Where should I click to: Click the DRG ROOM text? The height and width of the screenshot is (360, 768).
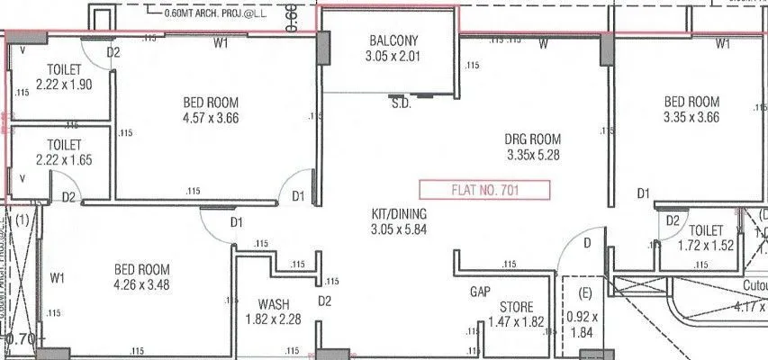click(x=534, y=139)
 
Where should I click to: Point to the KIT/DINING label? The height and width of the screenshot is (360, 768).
click(x=399, y=214)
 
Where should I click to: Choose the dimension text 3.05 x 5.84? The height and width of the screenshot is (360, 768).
click(x=399, y=229)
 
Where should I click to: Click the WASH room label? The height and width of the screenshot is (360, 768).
click(x=273, y=303)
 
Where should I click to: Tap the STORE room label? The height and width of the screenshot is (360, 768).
click(x=516, y=307)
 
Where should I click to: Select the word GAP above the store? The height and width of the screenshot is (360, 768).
click(x=480, y=292)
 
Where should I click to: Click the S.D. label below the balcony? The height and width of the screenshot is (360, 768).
click(x=402, y=103)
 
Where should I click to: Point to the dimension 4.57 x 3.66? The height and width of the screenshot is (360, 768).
click(x=211, y=117)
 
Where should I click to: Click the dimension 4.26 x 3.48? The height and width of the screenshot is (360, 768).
click(x=142, y=284)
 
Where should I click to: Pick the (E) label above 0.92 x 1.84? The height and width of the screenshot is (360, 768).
click(x=583, y=293)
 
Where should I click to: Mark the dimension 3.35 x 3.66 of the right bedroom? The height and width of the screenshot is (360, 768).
click(x=691, y=117)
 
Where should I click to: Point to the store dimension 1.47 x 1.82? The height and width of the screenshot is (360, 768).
click(x=516, y=322)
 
